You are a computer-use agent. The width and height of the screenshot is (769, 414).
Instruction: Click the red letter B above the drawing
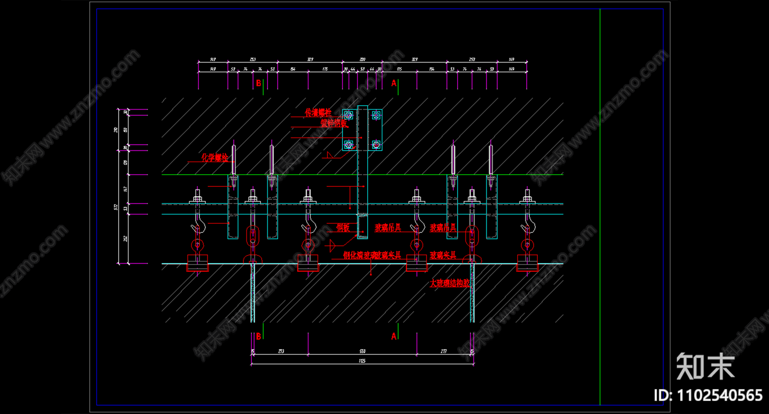(x=259, y=83)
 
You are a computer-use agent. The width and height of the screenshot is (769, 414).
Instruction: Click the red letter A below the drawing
(x=394, y=336)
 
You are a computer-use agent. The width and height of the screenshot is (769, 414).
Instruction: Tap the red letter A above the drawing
(x=394, y=83)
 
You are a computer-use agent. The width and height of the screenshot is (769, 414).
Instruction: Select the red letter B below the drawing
(x=259, y=336)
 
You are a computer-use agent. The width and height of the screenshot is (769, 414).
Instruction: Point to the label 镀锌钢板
(x=334, y=123)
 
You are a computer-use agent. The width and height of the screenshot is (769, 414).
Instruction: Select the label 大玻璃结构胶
(x=449, y=283)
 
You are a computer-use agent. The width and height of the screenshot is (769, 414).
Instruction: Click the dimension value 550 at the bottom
(x=362, y=351)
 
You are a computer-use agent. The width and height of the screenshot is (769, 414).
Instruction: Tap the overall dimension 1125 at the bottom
(x=362, y=361)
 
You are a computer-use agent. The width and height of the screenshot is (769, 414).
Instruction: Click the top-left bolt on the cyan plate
(x=348, y=115)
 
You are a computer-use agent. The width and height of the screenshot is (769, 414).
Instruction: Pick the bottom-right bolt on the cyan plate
(x=376, y=144)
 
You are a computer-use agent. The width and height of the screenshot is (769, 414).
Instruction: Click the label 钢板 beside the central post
(x=343, y=228)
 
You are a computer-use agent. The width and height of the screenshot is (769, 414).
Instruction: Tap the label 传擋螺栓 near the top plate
(x=318, y=112)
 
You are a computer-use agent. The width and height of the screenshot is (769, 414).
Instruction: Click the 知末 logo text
(x=706, y=367)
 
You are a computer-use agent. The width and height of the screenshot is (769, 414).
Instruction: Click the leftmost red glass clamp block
(x=198, y=263)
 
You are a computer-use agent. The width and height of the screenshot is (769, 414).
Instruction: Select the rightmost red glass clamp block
(x=527, y=263)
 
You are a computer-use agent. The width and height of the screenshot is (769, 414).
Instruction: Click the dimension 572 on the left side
(x=115, y=207)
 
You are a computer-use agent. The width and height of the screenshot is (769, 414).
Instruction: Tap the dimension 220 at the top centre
(x=362, y=60)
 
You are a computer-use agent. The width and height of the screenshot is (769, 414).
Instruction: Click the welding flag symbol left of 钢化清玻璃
(x=331, y=246)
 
